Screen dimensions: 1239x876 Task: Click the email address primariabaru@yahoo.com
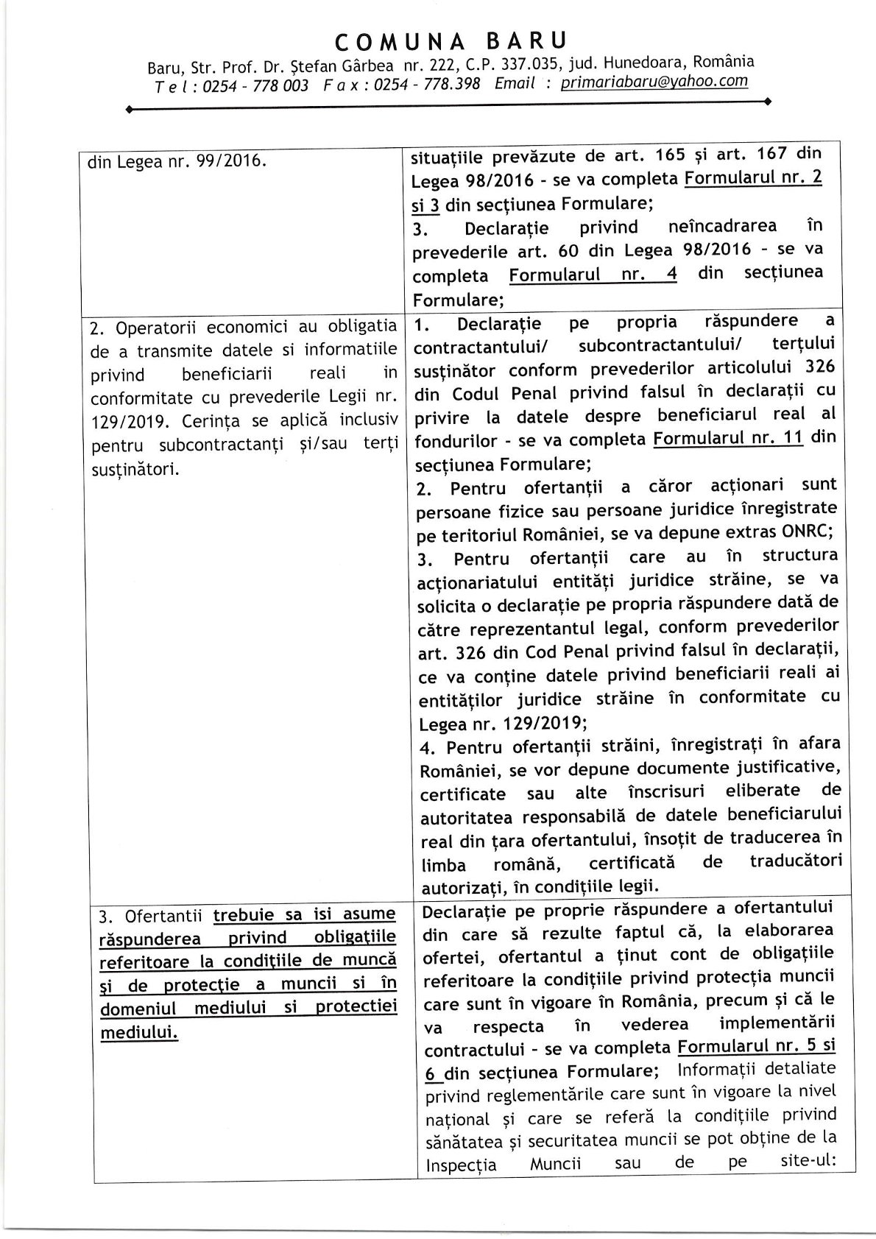[654, 82]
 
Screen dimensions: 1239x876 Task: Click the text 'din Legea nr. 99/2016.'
[176, 160]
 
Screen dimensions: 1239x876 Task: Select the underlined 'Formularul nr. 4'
[593, 275]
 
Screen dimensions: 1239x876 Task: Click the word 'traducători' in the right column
[795, 861]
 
